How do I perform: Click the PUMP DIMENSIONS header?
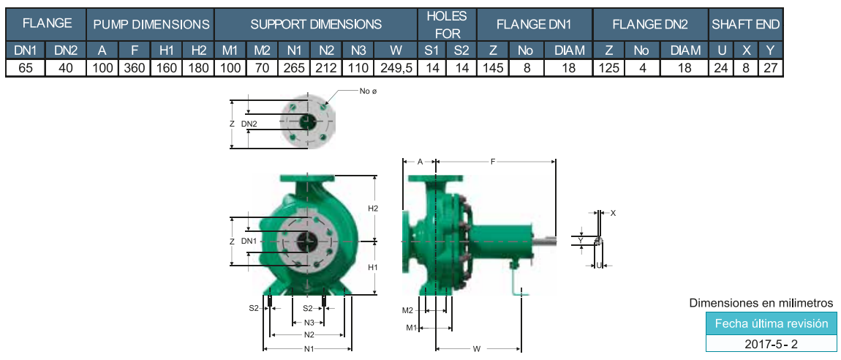pos(151,24)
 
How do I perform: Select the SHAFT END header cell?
pos(745,24)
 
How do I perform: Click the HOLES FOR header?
pos(448,24)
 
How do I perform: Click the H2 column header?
pos(198,50)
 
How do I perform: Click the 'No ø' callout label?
pos(369,91)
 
